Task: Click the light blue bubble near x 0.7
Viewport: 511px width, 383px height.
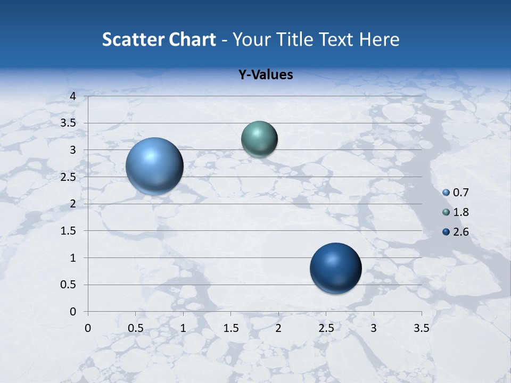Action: point(155,166)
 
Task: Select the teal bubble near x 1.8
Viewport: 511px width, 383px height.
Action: point(259,139)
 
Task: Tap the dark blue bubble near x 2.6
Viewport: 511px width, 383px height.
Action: point(335,269)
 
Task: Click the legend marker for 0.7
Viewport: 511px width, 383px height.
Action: point(446,193)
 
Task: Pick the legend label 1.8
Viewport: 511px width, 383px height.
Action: point(460,212)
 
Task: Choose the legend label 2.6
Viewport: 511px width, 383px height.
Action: point(460,232)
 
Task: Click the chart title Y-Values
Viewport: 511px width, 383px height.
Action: point(265,75)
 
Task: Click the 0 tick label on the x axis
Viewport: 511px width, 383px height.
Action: point(88,328)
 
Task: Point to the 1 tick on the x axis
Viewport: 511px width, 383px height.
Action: point(183,328)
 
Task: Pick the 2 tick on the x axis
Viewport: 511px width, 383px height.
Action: point(278,328)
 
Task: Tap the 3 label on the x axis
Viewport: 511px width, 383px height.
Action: point(374,328)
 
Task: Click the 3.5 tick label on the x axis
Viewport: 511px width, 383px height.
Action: point(421,328)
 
